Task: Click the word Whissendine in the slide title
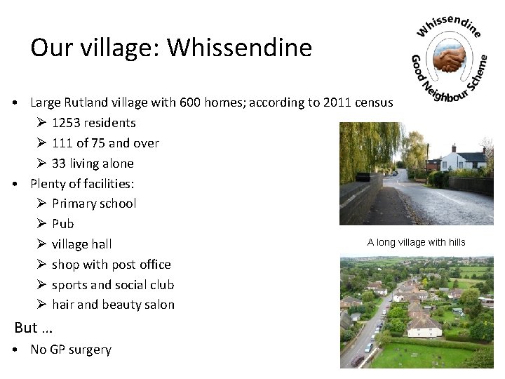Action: coord(241,48)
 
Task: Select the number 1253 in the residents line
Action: coord(67,123)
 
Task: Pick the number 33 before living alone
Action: coord(60,164)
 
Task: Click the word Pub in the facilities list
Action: coord(62,224)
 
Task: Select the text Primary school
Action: coord(94,204)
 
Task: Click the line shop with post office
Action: coord(112,265)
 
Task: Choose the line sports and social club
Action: coord(113,285)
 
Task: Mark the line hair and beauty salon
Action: coord(113,305)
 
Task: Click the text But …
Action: coord(34,328)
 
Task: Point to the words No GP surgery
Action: coord(71,350)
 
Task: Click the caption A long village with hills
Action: coord(416,243)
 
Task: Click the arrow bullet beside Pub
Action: coord(41,224)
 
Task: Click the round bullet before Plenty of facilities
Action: coord(15,184)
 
